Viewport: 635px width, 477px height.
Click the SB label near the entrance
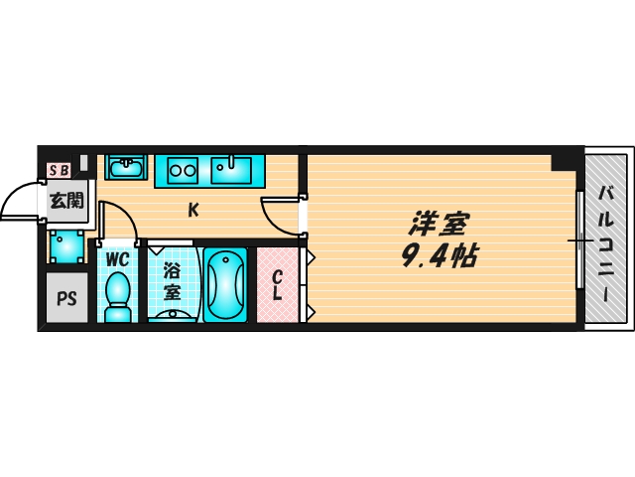[60, 170]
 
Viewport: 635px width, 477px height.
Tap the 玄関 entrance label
[66, 201]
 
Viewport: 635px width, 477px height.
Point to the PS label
[66, 298]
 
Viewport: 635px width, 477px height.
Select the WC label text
[117, 259]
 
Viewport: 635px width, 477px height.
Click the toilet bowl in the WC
[117, 297]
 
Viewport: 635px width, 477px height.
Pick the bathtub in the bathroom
[225, 285]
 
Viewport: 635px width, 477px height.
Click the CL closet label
[278, 285]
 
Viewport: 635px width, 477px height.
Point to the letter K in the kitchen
[193, 210]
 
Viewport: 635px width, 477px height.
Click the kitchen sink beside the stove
[231, 170]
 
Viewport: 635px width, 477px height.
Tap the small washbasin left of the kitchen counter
[126, 168]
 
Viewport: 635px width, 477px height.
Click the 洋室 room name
[439, 224]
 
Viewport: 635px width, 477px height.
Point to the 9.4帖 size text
[441, 255]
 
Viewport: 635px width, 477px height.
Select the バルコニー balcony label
[606, 243]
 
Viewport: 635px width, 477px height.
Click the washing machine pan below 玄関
[67, 245]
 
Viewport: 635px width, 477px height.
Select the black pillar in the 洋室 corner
[564, 162]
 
